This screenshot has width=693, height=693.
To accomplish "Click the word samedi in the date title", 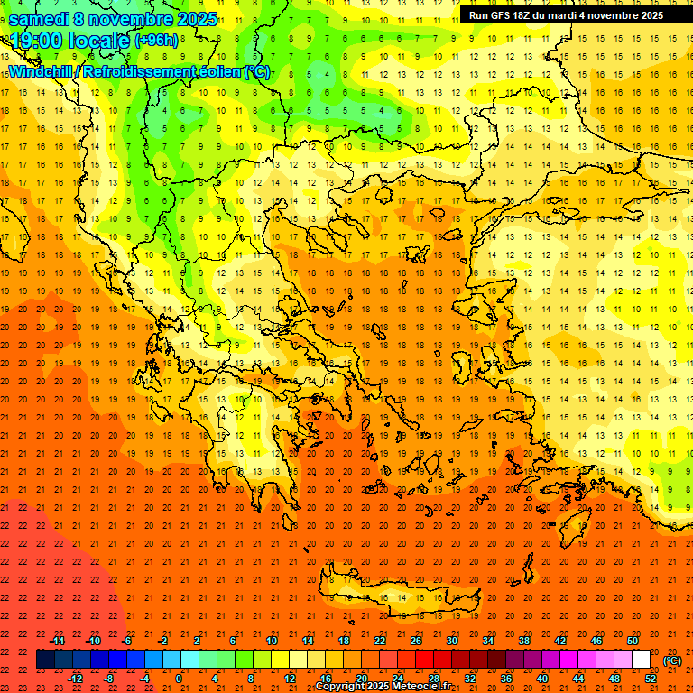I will click(39, 19).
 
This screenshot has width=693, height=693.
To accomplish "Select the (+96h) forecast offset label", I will click(156, 41).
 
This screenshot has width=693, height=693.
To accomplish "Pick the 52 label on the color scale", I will click(651, 679).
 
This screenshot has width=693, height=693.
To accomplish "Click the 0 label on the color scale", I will click(180, 679).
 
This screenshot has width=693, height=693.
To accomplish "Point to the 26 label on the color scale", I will click(416, 641).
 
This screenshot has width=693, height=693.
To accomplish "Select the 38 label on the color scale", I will click(524, 641).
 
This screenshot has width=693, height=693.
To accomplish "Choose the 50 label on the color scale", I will click(633, 641).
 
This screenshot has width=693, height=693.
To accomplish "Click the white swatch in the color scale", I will click(641, 660).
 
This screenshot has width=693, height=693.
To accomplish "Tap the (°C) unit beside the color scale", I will click(672, 661).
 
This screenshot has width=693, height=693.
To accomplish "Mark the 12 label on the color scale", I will click(289, 679).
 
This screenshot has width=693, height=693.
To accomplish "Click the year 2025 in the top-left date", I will click(189, 19).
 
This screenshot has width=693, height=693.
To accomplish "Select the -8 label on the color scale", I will click(110, 679).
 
